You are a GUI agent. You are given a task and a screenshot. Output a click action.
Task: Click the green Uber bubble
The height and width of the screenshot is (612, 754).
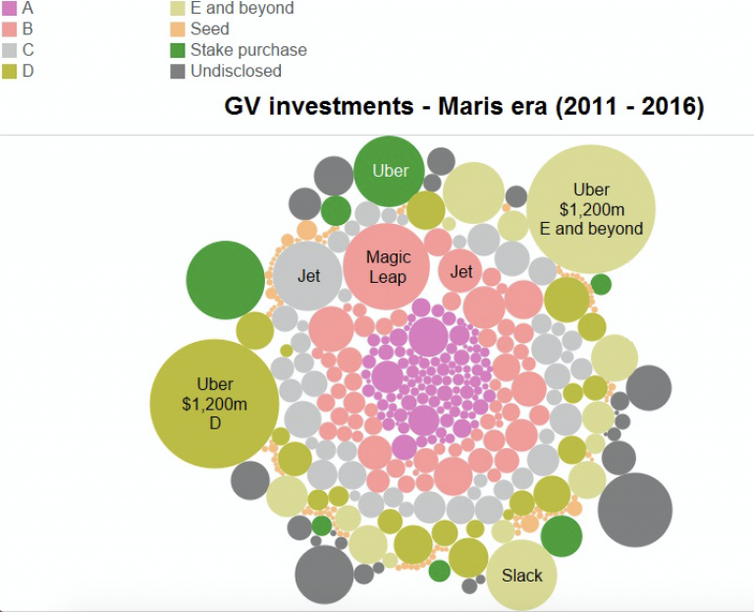389,171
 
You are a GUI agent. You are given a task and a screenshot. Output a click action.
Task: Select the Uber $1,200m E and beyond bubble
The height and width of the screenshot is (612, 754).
591,209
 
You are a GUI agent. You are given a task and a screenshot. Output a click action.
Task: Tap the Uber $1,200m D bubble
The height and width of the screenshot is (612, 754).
215,403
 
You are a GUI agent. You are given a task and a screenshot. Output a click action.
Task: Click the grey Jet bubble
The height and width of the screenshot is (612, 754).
308,276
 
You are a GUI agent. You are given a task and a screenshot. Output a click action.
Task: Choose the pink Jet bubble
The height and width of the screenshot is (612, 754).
461,272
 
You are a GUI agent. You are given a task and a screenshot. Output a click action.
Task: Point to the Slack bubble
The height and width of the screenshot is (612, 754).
521,576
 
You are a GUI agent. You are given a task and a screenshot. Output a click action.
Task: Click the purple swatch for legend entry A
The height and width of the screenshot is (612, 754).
7,8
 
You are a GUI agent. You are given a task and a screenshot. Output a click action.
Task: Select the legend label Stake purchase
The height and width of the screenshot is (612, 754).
248,50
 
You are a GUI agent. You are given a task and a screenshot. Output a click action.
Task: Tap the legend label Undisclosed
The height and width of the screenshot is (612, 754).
236,71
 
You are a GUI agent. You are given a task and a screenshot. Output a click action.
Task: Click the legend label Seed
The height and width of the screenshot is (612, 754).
209,29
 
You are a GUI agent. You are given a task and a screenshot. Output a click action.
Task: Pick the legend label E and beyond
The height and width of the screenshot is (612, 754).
242,9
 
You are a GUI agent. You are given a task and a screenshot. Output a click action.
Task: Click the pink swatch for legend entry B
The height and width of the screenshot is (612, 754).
7,28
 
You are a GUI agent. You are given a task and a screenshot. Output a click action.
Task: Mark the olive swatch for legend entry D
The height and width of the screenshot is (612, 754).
7,71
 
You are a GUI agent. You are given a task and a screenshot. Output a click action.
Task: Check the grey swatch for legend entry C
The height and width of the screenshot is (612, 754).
7,49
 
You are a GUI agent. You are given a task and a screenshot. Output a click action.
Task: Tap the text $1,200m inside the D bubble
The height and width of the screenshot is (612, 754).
215,404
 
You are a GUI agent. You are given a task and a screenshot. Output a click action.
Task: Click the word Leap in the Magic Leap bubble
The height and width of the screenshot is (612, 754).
388,277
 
